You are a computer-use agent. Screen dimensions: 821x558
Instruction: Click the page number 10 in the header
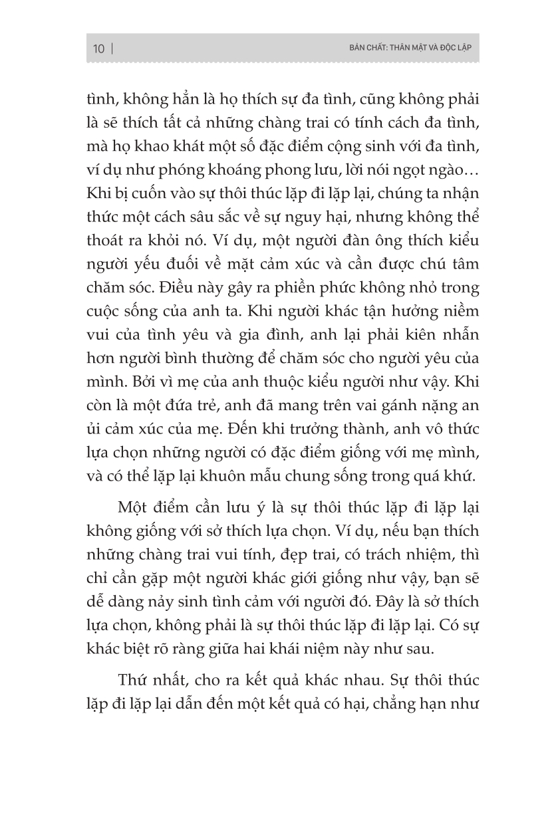click(x=99, y=49)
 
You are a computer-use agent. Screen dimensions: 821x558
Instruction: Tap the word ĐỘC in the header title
click(x=437, y=49)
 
